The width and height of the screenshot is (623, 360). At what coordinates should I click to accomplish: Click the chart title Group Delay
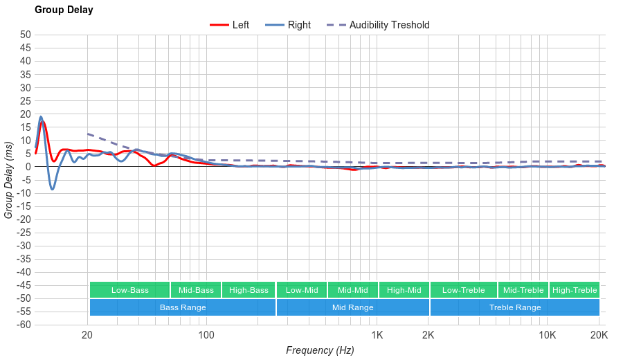coord(64,10)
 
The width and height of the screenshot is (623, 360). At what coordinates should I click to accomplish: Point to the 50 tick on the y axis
coord(26,35)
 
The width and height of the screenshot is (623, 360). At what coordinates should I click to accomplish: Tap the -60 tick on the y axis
coord(24,325)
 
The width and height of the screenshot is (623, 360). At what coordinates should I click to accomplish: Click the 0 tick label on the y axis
coord(28,167)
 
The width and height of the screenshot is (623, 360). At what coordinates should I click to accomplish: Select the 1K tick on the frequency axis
coord(377,336)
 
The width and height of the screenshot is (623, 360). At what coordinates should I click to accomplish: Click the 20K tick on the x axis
coord(599,336)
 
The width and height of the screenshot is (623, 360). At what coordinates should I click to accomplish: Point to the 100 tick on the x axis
coord(206,336)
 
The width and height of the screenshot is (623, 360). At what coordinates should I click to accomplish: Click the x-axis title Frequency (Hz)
coord(320,350)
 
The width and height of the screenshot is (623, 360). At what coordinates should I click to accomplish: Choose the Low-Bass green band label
coord(129,290)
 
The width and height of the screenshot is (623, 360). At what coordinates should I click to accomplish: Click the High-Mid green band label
coord(404,290)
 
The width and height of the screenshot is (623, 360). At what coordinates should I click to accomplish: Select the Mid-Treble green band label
coord(523,290)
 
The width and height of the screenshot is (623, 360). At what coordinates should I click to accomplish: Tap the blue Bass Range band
coord(182,307)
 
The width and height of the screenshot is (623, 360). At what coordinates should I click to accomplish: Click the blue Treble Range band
coord(514,307)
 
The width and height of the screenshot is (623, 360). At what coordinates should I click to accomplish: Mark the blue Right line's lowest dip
coord(52,189)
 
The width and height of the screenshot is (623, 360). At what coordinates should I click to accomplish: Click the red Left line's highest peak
coord(43,122)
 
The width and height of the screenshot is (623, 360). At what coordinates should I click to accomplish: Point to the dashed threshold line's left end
coord(88,134)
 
